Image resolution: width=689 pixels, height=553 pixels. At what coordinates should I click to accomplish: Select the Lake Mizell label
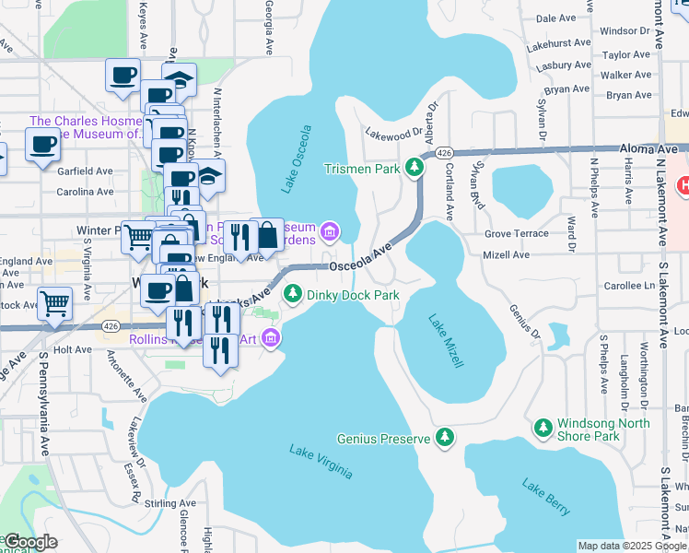(x=445, y=340)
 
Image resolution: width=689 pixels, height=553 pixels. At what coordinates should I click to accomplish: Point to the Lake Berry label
(x=546, y=497)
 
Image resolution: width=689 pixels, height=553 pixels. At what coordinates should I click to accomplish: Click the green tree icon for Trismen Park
(x=415, y=168)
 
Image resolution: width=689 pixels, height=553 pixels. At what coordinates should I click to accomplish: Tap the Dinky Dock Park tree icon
(x=293, y=294)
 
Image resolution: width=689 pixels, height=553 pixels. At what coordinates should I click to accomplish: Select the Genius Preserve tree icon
(x=445, y=437)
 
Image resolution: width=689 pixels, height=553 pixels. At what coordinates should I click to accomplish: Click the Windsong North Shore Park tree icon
(x=543, y=427)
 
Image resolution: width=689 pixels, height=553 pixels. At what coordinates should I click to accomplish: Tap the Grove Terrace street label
(x=517, y=234)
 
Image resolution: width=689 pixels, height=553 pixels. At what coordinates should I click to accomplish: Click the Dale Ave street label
(x=555, y=18)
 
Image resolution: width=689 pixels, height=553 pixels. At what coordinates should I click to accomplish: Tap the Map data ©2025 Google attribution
(x=632, y=546)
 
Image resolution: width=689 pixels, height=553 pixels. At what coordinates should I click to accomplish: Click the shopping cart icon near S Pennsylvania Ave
(x=55, y=302)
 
